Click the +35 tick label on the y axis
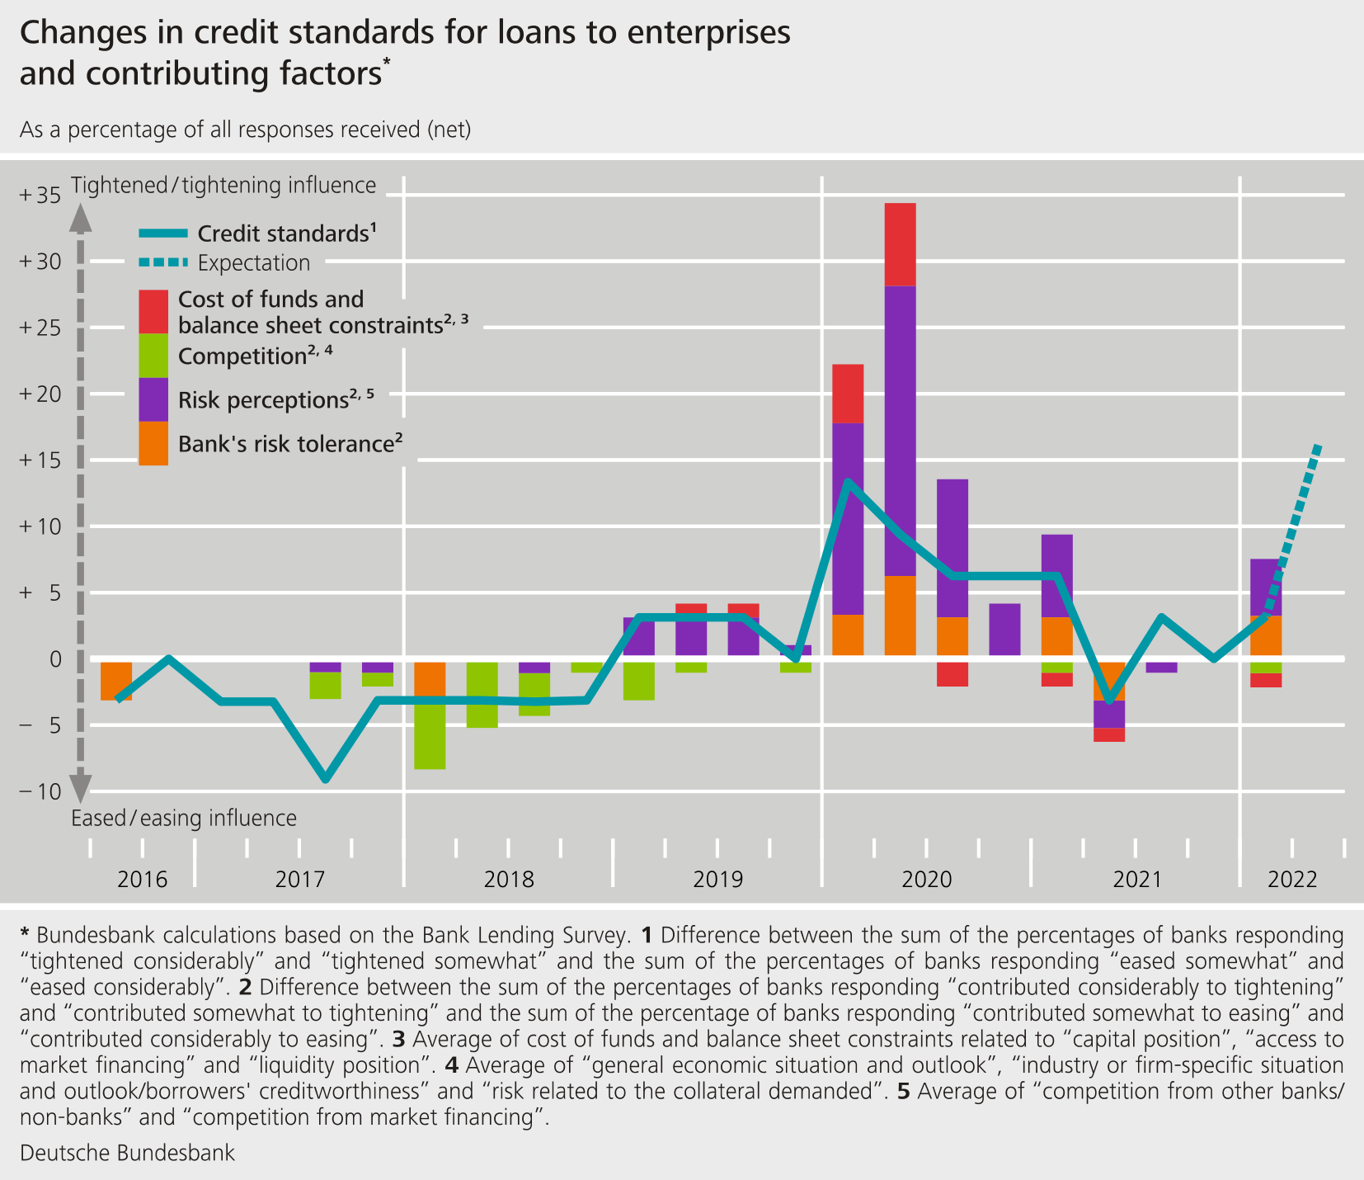[x=39, y=196]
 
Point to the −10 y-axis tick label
[x=39, y=791]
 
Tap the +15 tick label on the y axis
[x=39, y=460]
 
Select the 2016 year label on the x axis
[x=142, y=879]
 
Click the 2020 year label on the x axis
[x=927, y=879]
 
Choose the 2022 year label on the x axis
[x=1293, y=879]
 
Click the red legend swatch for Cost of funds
[x=153, y=311]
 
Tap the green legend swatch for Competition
[x=153, y=356]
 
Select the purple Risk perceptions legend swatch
[x=153, y=399]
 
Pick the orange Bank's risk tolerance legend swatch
[x=153, y=443]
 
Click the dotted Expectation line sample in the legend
[x=163, y=262]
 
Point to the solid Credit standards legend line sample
[x=163, y=234]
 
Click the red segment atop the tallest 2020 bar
[x=900, y=244]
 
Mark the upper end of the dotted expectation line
[x=1318, y=446]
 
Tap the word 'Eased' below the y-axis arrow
[x=98, y=818]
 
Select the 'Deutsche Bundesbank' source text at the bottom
[x=127, y=1153]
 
